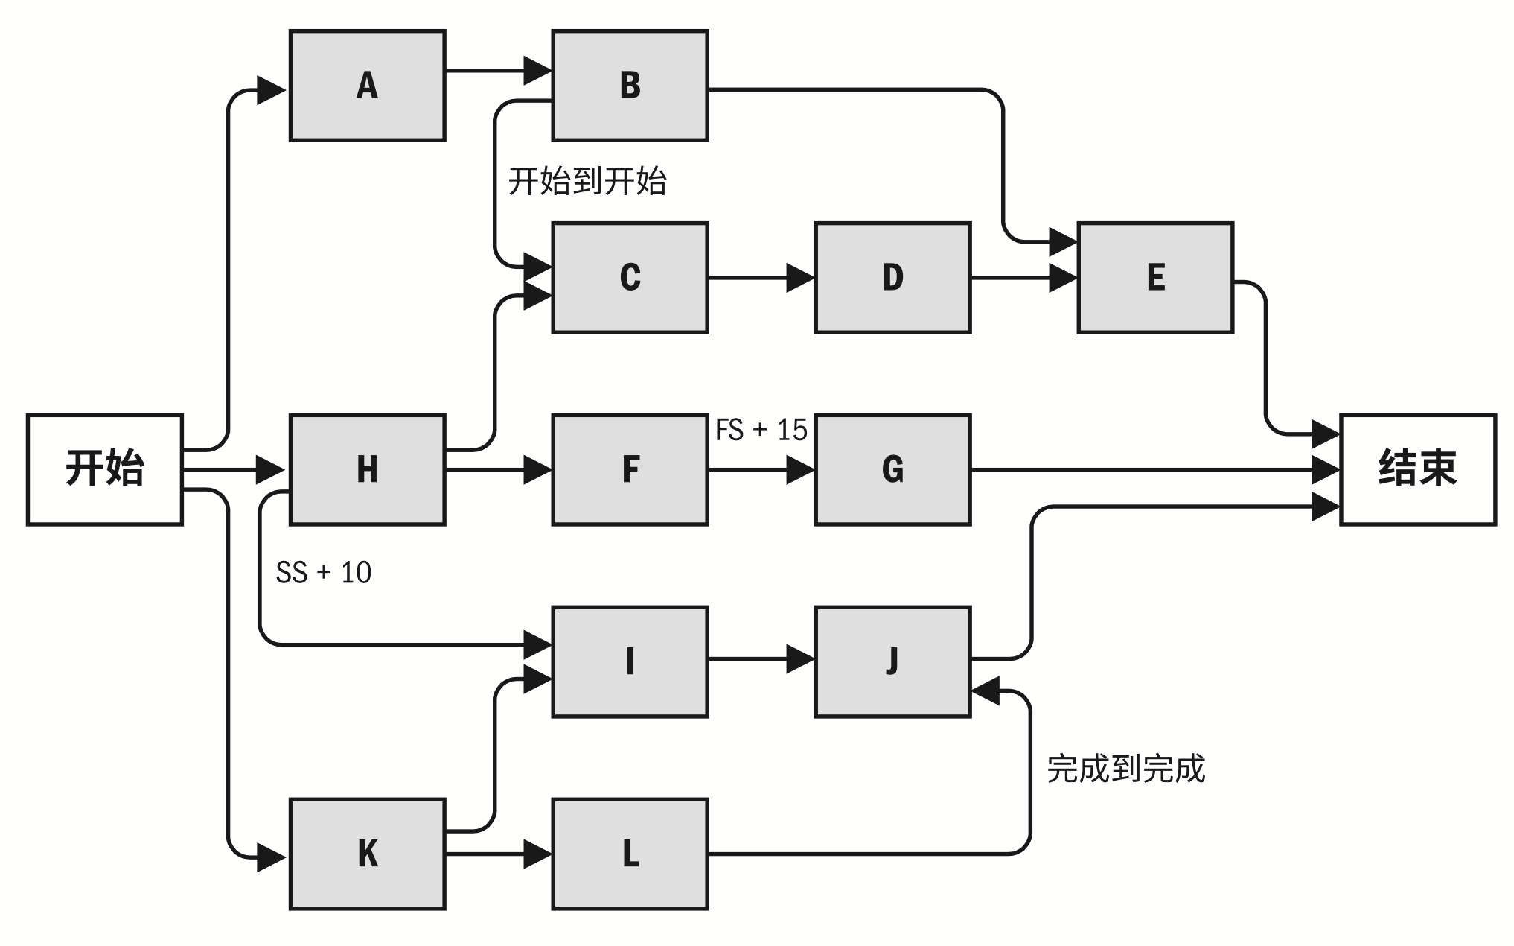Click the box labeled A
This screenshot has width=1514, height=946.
click(x=367, y=86)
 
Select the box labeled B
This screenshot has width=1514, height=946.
click(x=630, y=86)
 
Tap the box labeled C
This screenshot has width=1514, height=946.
click(x=630, y=277)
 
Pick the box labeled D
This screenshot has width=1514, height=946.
click(x=892, y=277)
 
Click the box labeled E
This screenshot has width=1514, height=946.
click(x=1155, y=277)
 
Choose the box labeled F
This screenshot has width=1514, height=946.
click(x=630, y=469)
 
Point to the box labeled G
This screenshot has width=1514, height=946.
click(x=892, y=469)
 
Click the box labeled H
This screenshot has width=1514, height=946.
click(x=367, y=469)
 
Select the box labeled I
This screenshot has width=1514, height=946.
click(x=630, y=661)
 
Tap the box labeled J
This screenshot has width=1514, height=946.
click(x=892, y=661)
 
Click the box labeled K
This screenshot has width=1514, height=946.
click(x=367, y=854)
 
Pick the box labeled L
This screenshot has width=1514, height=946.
click(x=630, y=854)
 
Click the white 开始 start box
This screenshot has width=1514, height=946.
click(x=104, y=469)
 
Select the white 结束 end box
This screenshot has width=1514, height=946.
click(x=1418, y=469)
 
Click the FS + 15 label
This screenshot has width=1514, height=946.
click(x=761, y=431)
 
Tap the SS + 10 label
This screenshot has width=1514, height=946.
click(x=323, y=573)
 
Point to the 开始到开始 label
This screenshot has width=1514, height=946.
click(x=587, y=182)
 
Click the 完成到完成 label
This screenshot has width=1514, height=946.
click(x=1125, y=769)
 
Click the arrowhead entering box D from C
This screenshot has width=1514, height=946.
click(x=799, y=278)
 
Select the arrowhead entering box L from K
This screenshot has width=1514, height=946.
click(x=537, y=854)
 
